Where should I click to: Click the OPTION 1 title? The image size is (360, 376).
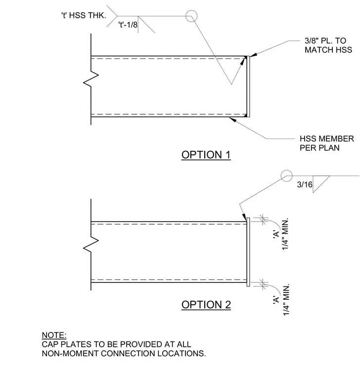pos(206,155)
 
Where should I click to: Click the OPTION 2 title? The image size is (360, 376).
pos(206,305)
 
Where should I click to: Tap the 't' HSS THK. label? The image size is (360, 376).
pos(84,15)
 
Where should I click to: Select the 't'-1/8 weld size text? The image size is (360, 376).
pos(128,24)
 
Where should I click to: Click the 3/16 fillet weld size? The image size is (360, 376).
pos(305,185)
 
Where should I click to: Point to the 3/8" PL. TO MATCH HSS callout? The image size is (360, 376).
pos(328,45)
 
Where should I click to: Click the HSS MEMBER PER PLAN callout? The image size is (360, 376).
pos(327,143)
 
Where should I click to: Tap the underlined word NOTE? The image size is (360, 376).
pos(54,335)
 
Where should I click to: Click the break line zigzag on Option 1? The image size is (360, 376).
pos(91,79)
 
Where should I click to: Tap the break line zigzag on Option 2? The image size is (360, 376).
pos(91,244)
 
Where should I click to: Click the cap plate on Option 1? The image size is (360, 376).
pos(248,87)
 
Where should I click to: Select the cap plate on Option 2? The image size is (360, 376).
pos(248,252)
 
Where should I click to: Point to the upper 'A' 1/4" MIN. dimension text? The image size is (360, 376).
pos(281,234)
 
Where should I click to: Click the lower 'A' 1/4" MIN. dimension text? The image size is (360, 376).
pos(281,300)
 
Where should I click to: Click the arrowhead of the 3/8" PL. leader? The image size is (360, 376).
pos(253,55)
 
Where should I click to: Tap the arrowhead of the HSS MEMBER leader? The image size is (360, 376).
pos(232,119)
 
